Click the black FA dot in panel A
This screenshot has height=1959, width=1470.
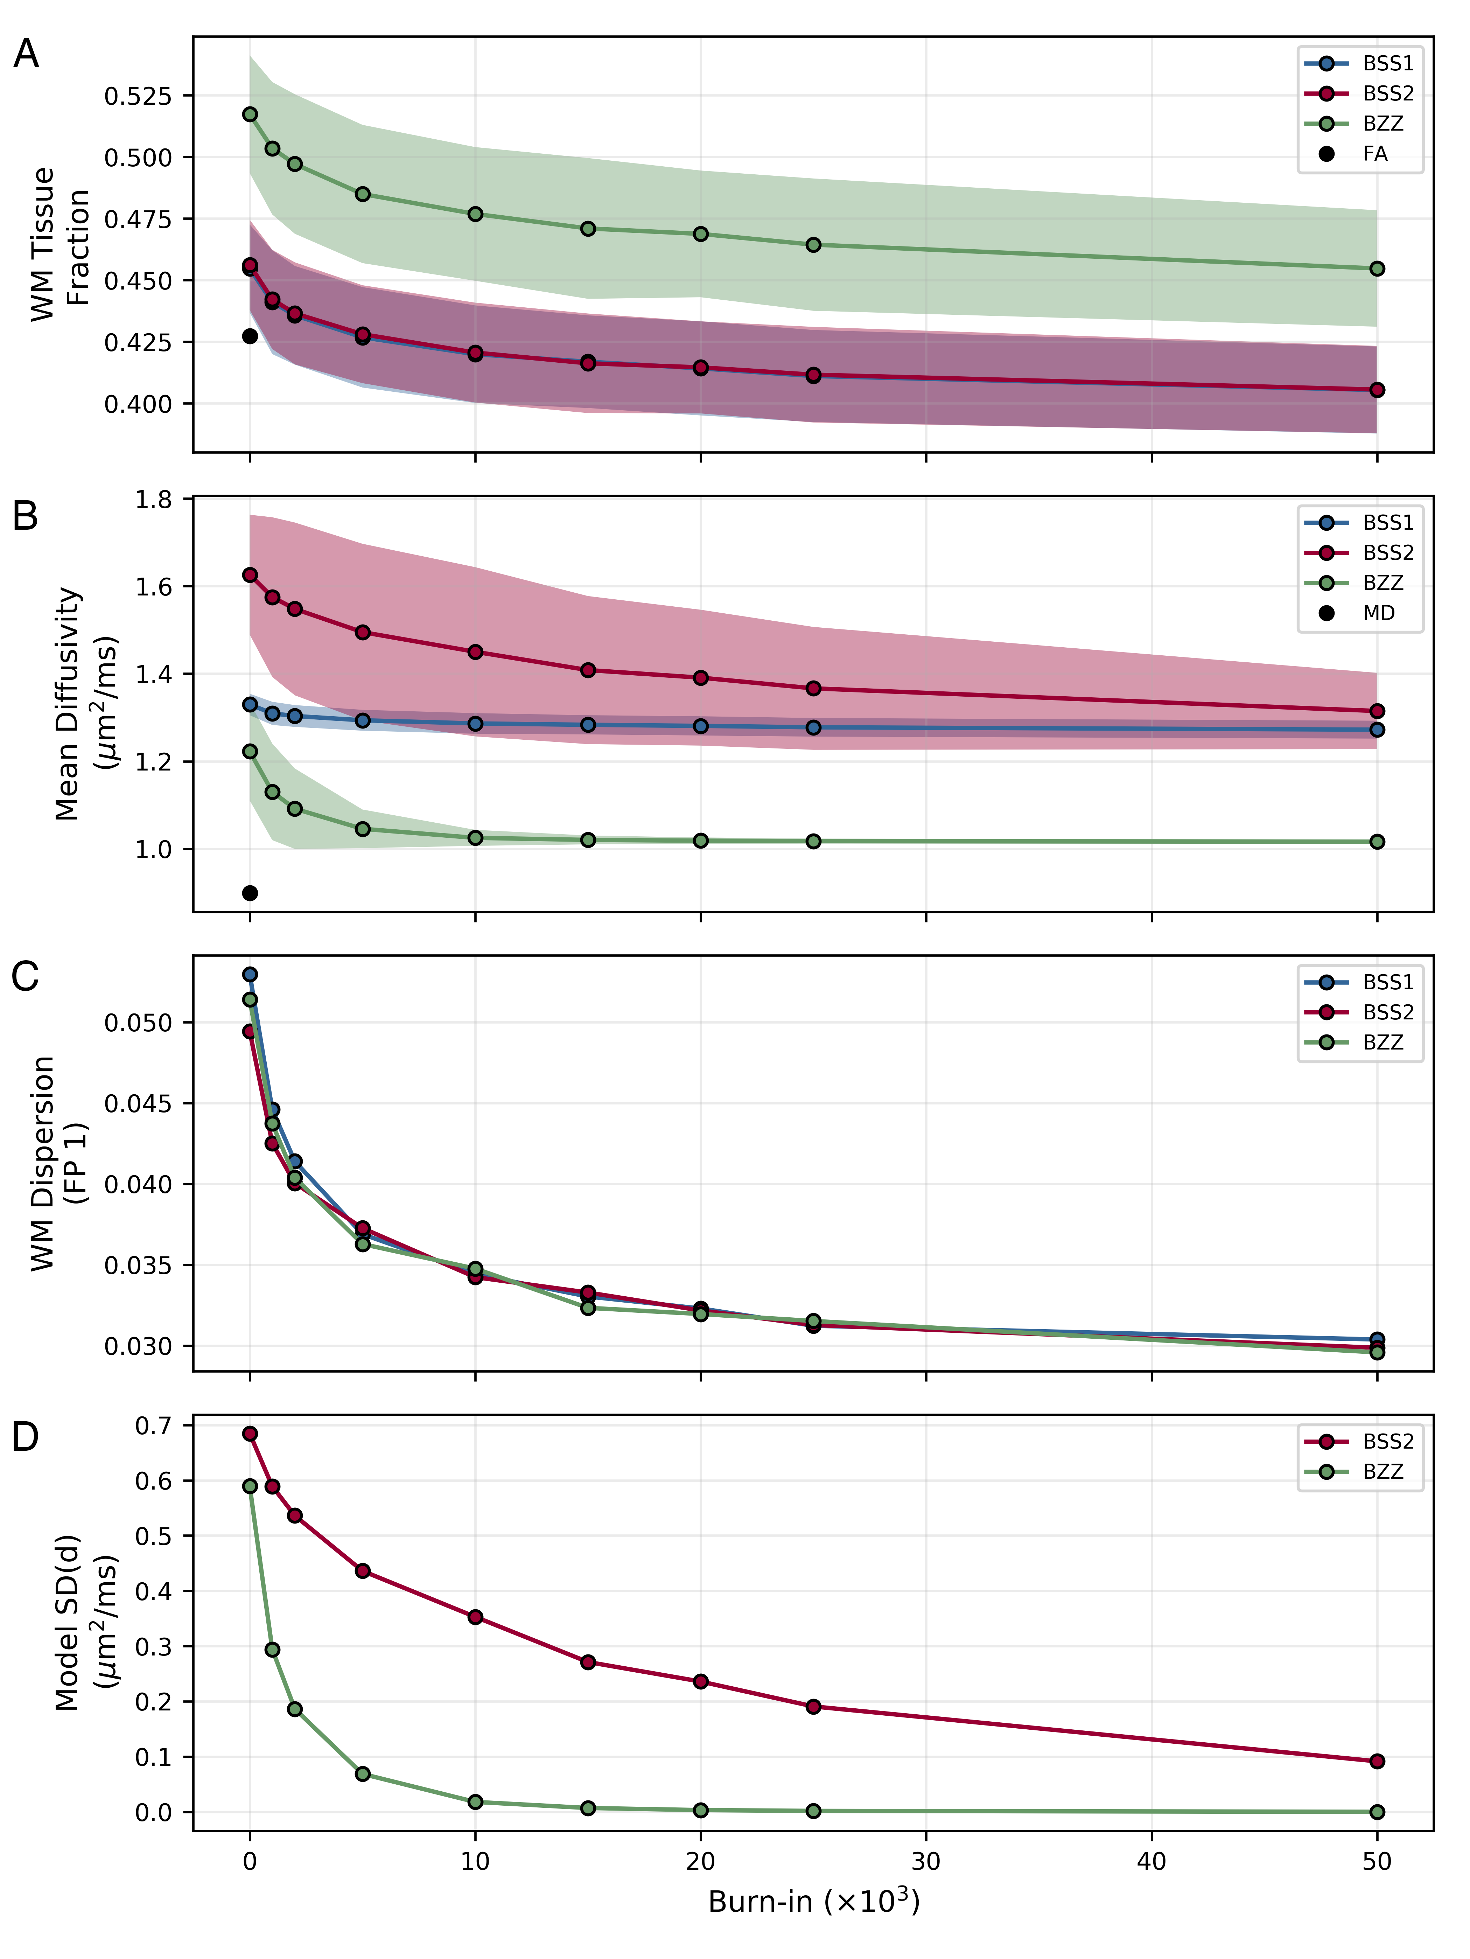tap(250, 336)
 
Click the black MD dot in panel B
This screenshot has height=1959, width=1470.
tap(250, 893)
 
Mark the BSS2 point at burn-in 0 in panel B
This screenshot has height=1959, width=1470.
tap(250, 575)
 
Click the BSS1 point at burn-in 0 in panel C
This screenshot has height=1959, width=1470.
tap(250, 974)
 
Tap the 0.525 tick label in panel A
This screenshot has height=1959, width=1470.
tap(137, 96)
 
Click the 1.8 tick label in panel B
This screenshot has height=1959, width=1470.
tap(153, 500)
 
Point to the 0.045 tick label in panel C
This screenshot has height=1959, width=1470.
tap(137, 1103)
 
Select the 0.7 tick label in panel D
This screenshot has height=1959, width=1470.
tap(153, 1426)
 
